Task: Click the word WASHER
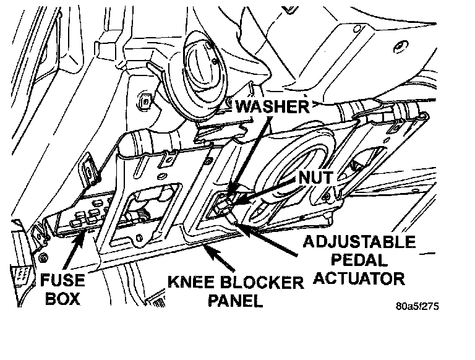pyautogui.click(x=272, y=106)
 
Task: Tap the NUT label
pyautogui.click(x=315, y=178)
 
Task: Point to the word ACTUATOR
pyautogui.click(x=358, y=278)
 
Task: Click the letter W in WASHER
pyautogui.click(x=243, y=106)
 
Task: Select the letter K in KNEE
pyautogui.click(x=174, y=284)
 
